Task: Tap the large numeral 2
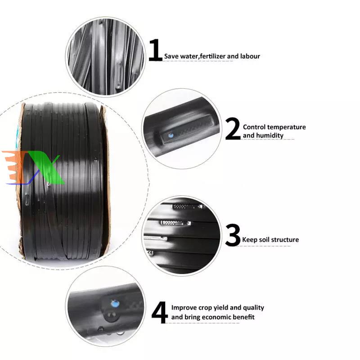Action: click(x=233, y=129)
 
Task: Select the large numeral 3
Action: click(x=233, y=235)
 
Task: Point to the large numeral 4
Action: click(x=160, y=312)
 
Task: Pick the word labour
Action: click(x=250, y=56)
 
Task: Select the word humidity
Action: click(x=271, y=135)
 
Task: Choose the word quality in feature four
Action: click(x=253, y=308)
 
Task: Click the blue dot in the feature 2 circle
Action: click(x=170, y=135)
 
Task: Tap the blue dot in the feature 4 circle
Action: click(x=115, y=304)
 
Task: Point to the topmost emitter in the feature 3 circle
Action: click(x=187, y=207)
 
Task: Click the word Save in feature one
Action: click(x=171, y=56)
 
